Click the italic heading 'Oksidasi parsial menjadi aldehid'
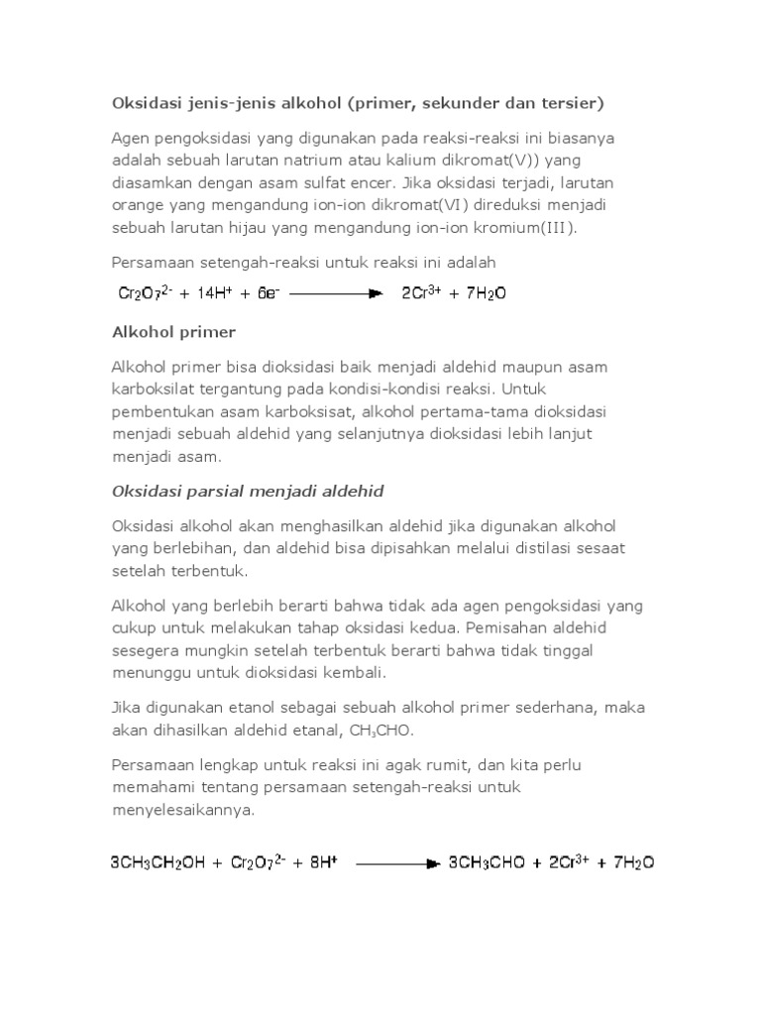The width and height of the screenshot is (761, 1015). click(248, 491)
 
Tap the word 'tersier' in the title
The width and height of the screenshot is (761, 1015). click(571, 102)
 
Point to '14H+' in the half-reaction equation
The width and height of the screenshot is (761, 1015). click(205, 293)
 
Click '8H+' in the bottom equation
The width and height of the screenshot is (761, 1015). click(322, 862)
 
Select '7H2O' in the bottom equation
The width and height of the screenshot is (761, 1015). click(633, 862)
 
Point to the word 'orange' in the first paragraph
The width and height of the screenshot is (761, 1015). click(137, 205)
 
